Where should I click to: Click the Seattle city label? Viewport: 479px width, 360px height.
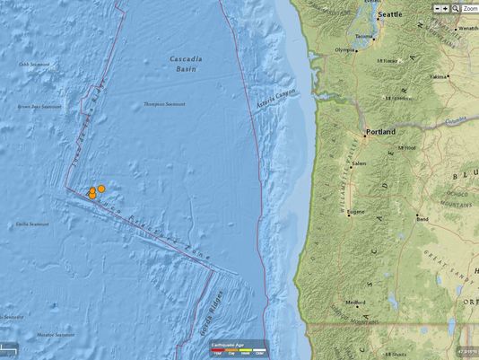(390, 15)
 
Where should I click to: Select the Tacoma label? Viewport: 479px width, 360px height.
(363, 37)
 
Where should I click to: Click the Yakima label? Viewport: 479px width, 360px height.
(438, 77)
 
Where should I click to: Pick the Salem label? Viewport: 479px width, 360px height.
(360, 164)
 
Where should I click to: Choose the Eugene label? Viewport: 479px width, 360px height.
(356, 212)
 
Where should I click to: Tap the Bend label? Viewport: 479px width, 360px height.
(422, 217)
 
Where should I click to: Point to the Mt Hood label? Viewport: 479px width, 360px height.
(405, 148)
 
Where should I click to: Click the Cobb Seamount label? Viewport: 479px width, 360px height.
(33, 65)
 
